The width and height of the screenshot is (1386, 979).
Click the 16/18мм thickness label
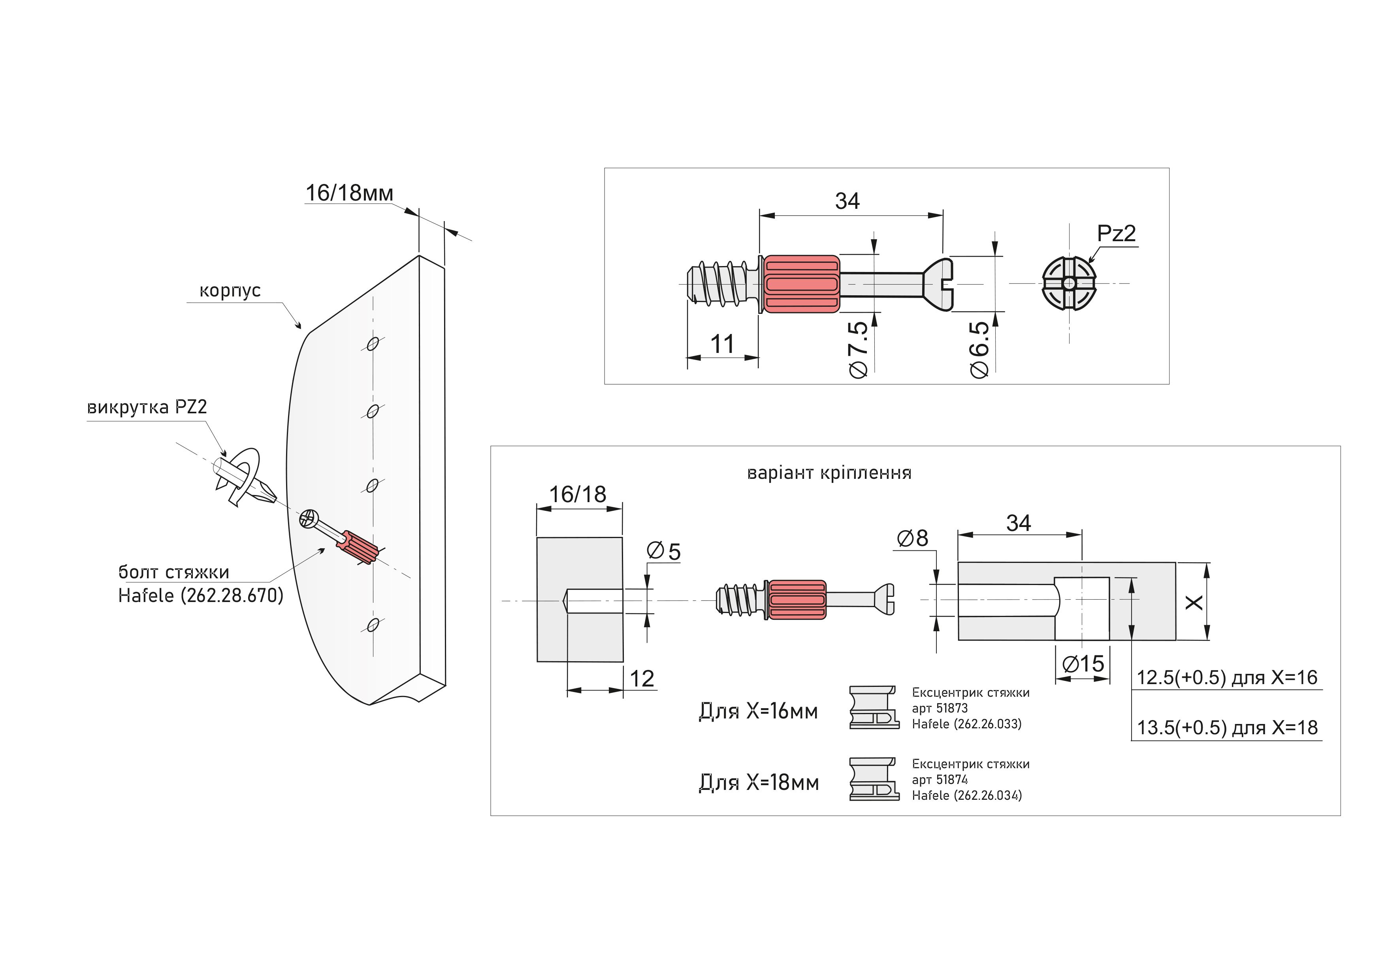pos(349,193)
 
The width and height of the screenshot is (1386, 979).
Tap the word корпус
pos(230,291)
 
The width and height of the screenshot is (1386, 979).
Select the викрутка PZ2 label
pos(147,407)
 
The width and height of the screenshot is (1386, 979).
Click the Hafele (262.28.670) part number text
pos(200,595)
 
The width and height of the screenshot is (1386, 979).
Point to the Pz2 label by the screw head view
pos(1116,233)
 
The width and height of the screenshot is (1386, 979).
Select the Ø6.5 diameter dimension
pos(979,350)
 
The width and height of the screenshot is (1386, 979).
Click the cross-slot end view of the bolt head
pos(1068,283)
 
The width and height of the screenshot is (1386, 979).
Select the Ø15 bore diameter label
pos(1083,664)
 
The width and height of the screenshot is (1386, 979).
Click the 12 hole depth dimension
pos(642,679)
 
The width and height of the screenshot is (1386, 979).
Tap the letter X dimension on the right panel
pos(1194,602)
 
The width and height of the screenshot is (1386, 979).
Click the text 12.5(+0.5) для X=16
pos(1227,677)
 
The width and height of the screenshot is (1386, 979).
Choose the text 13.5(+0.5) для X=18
pos(1227,728)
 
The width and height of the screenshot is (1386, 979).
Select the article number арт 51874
pos(939,779)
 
